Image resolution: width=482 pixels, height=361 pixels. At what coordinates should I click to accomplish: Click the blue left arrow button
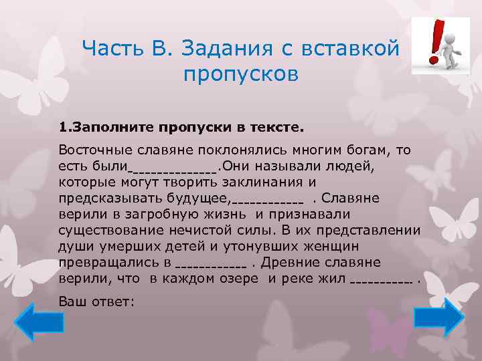click(x=39, y=322)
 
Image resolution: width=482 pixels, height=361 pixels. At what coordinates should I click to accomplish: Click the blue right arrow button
click(x=438, y=318)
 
